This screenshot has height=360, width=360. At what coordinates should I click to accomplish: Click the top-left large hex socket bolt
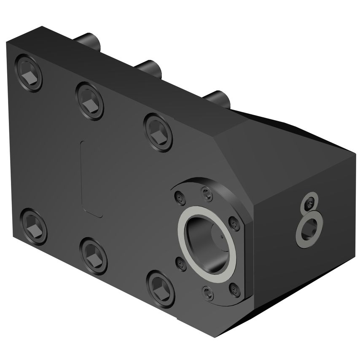tap(29, 73)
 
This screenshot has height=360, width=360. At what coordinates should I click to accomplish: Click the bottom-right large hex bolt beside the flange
tap(161, 289)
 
